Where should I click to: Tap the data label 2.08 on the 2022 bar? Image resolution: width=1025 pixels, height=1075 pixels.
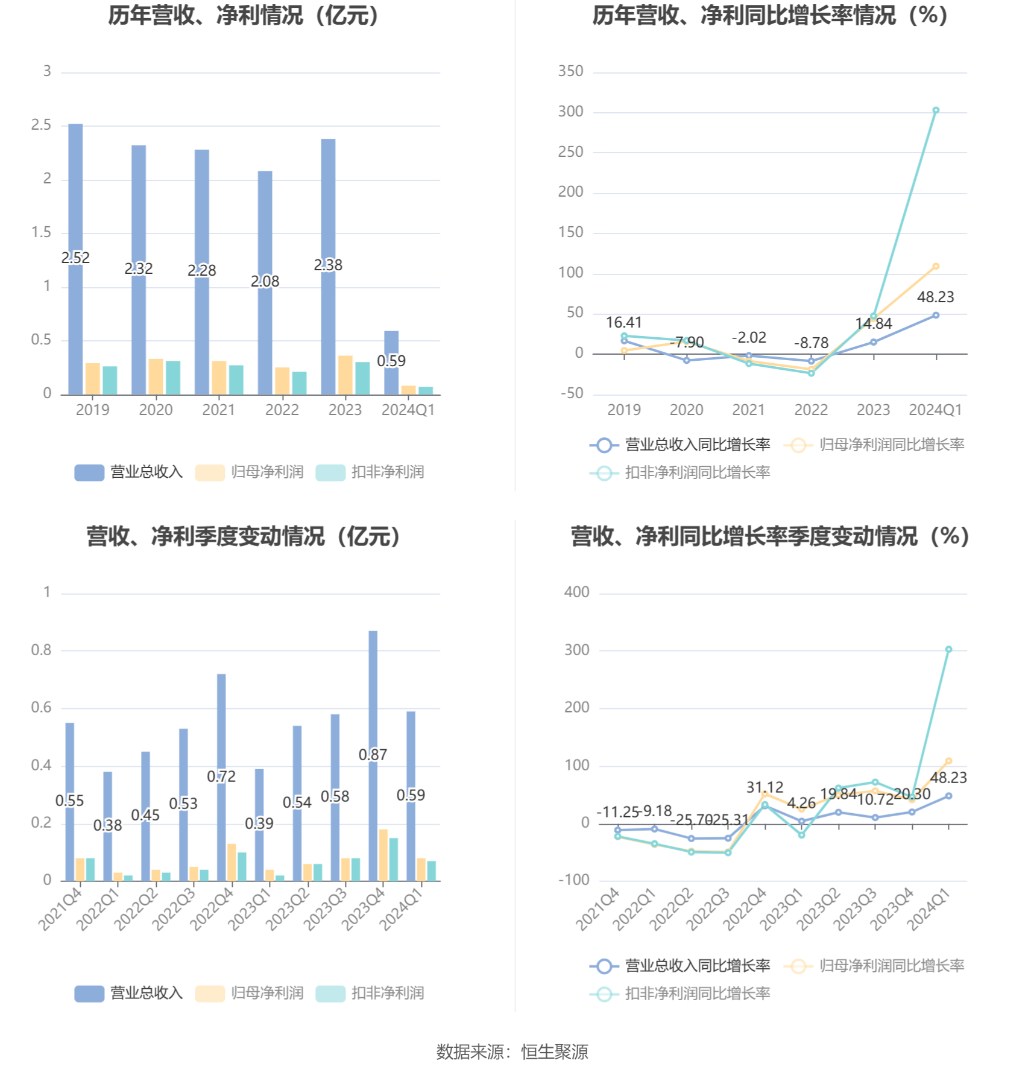[265, 281]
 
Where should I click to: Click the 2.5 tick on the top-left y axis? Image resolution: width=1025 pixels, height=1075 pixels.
[41, 125]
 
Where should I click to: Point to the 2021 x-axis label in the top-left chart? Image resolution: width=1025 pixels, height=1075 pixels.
[218, 410]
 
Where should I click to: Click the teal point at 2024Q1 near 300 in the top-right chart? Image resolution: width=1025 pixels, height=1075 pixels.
[936, 110]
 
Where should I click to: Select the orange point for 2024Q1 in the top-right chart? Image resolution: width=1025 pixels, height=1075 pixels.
[936, 266]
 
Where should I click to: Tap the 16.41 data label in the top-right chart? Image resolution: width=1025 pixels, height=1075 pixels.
[623, 323]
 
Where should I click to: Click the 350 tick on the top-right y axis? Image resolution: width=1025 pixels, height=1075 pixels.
[570, 71]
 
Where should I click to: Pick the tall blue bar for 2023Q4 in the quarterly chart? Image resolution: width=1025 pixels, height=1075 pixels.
[373, 694]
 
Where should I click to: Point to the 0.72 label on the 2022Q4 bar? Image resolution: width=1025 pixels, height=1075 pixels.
[221, 776]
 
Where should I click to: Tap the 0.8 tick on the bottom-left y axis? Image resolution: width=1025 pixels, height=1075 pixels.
[41, 650]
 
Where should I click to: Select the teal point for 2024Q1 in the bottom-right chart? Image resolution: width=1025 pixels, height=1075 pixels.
[948, 650]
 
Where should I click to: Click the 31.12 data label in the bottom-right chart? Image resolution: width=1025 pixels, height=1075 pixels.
[765, 787]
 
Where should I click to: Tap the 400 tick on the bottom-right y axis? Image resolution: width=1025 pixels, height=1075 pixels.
[576, 592]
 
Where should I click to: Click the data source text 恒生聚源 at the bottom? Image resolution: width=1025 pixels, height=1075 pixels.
[555, 1052]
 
